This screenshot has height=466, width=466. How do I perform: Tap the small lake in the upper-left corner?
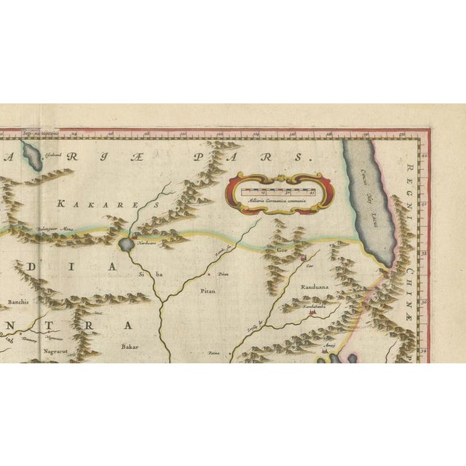coord(31,156)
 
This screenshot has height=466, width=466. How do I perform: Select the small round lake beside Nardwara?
coord(127,245)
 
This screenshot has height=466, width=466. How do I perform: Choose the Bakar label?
coord(130,347)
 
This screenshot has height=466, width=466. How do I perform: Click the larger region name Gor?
coord(283,248)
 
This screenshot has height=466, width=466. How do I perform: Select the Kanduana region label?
coord(316,287)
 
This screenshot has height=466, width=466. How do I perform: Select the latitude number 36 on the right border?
coord(425,301)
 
